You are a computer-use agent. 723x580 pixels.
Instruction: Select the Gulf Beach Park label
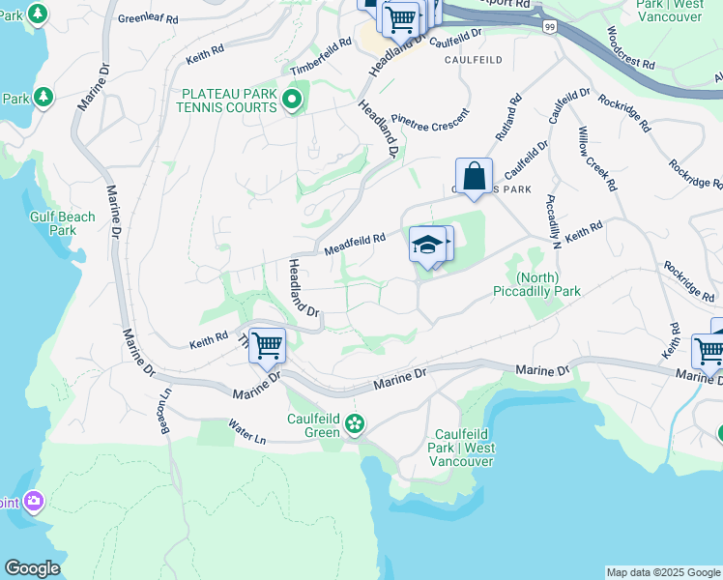tap(63, 223)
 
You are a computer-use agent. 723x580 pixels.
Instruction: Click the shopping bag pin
tap(474, 177)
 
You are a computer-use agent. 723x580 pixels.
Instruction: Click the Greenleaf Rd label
tap(148, 18)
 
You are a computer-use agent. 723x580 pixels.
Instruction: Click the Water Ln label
tap(246, 431)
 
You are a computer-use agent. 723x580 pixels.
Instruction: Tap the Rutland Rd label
tap(508, 115)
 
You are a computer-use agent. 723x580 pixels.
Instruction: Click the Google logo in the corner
tap(32, 568)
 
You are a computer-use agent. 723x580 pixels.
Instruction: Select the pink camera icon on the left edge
tap(36, 500)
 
